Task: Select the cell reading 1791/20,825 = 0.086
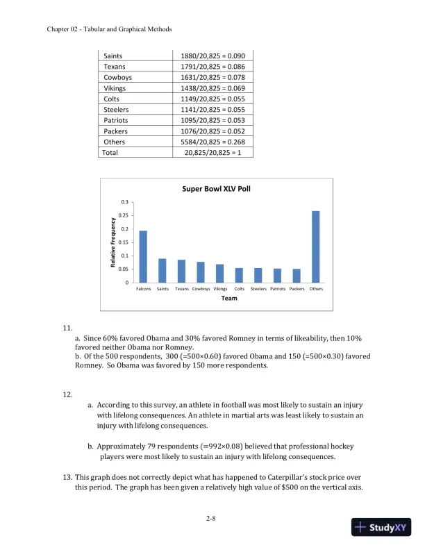[x=212, y=67]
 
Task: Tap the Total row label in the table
[x=110, y=152]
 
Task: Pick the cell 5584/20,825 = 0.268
[x=212, y=142]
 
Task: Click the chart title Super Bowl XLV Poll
[x=215, y=188]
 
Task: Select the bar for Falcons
[x=143, y=257]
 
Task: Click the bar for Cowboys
[x=201, y=272]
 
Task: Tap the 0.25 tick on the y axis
[x=124, y=215]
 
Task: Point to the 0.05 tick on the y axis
[x=124, y=269]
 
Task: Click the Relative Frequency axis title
[x=112, y=242]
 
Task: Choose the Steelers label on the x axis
[x=258, y=288]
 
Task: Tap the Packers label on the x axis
[x=297, y=288]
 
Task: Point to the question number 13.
[x=67, y=477]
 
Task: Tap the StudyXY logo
[x=381, y=527]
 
